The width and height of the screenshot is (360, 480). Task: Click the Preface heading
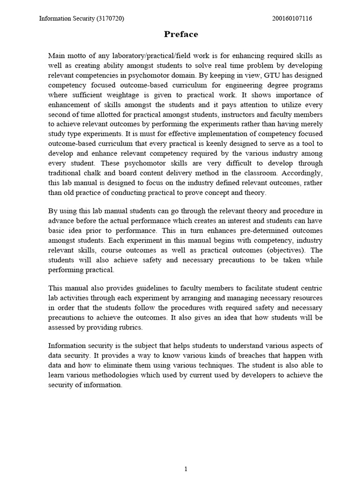pos(181,34)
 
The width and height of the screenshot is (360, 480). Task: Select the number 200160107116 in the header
pos(292,19)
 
